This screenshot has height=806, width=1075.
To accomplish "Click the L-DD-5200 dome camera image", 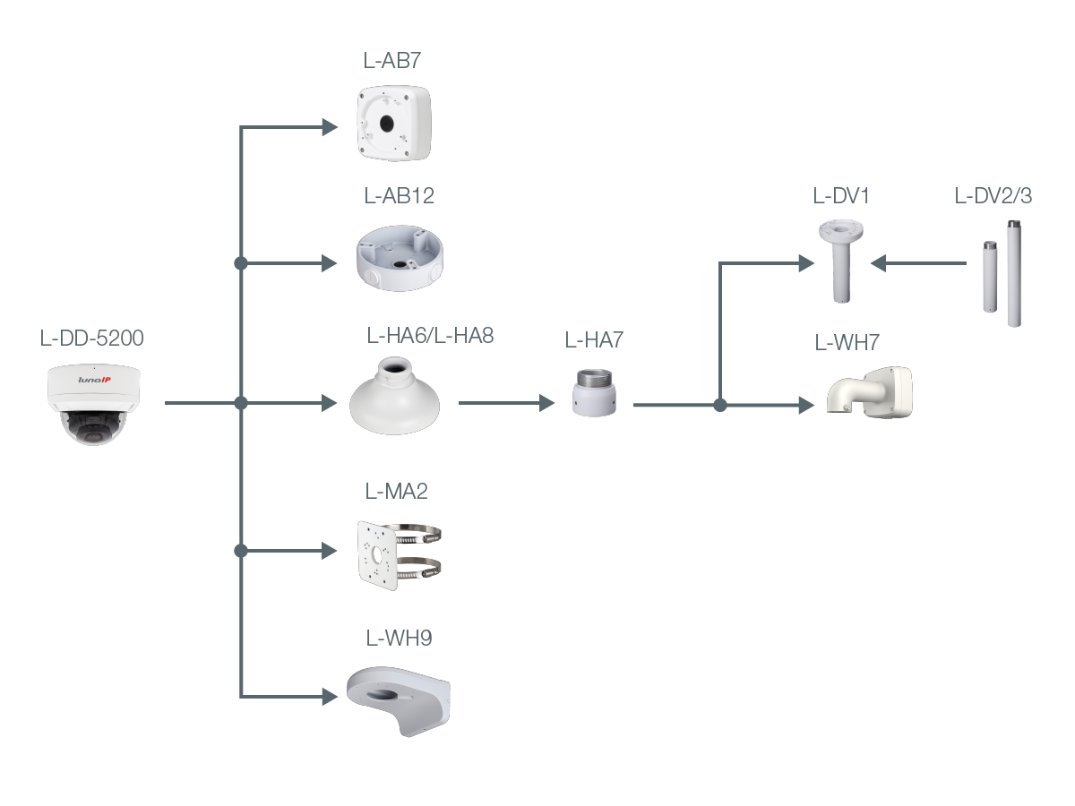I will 94,404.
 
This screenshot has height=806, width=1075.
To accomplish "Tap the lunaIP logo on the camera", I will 94,380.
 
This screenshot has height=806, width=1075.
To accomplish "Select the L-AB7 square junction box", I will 393,123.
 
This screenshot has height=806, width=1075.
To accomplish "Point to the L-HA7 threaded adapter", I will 593,391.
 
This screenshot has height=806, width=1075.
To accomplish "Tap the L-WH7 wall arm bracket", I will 868,393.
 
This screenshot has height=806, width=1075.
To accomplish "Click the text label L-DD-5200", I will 92,339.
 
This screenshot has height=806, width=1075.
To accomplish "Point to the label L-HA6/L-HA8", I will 430,337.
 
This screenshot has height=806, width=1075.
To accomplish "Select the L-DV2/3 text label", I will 993,196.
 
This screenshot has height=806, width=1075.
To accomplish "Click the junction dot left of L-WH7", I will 720,405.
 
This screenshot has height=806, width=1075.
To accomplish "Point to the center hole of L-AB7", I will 386,120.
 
